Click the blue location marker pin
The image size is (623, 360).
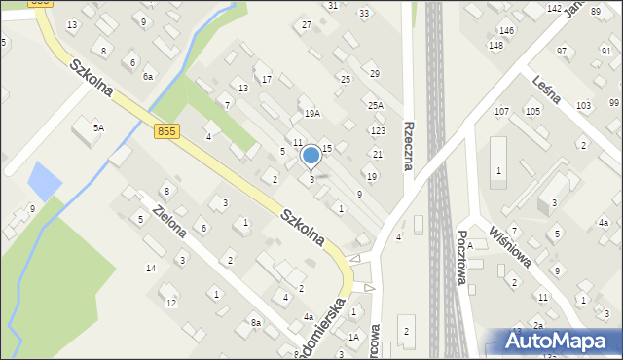coord(311,157)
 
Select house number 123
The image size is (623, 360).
coord(378,130)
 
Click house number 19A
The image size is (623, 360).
coord(311,114)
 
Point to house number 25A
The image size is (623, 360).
coord(375,105)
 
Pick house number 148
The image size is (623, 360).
coord(495,46)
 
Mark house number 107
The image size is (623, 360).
coord(501,112)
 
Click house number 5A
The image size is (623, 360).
coord(98,127)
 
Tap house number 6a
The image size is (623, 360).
coord(148,76)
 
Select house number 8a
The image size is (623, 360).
coord(255,322)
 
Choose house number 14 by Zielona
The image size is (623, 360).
coord(151,268)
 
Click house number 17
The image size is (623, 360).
coord(266,79)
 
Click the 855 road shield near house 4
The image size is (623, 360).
coord(166,130)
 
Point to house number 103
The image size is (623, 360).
coord(583,105)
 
